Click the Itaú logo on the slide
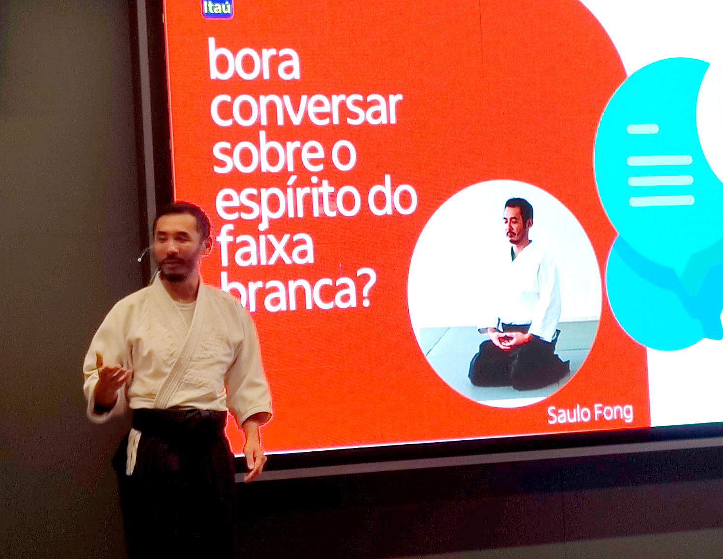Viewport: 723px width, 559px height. coord(217,8)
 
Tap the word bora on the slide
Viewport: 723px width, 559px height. coord(254,59)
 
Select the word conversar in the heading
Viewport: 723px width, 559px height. coord(306,108)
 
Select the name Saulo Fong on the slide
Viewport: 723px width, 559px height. coord(590,414)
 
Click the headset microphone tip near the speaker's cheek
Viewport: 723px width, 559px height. coord(139,260)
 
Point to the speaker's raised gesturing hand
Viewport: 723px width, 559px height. coord(110,377)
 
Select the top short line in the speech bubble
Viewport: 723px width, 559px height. coord(642,129)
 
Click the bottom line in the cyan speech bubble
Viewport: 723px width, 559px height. coord(661,201)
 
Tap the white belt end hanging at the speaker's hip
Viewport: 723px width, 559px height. coord(133,451)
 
